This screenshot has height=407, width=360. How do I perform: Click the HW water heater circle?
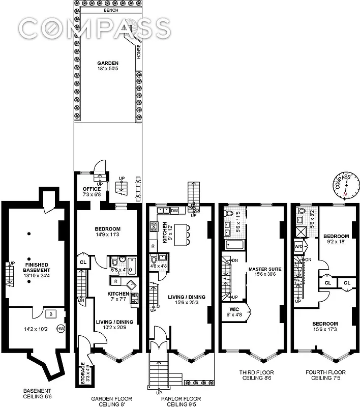pos(61,329)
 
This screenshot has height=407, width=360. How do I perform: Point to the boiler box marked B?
pos(50,313)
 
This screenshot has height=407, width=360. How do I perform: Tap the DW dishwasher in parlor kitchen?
pos(174,211)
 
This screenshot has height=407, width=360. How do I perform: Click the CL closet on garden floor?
pos(83,263)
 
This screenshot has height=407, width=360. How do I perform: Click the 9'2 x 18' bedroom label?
pos(336,240)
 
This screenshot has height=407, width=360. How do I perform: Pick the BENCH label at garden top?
pos(107,10)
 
